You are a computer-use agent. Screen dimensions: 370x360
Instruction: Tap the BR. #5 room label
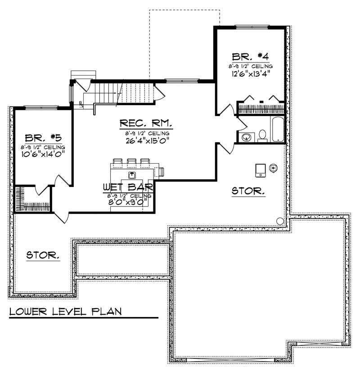[43, 138]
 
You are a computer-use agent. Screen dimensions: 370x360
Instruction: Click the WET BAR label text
[130, 187]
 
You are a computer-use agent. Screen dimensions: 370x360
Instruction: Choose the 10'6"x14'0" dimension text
[43, 154]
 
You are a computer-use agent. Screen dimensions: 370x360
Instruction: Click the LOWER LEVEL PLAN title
[65, 311]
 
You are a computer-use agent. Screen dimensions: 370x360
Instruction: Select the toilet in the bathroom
[262, 136]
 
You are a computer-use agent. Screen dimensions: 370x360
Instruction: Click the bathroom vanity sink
[246, 137]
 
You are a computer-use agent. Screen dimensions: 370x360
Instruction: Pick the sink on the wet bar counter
[132, 174]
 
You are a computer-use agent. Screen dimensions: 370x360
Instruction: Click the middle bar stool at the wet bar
[132, 162]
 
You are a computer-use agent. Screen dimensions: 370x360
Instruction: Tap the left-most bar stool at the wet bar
[118, 162]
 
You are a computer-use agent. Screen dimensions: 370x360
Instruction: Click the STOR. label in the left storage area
[43, 255]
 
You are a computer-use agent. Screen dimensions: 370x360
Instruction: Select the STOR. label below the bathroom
[248, 192]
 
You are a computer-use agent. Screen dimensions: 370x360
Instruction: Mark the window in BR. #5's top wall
[41, 107]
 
